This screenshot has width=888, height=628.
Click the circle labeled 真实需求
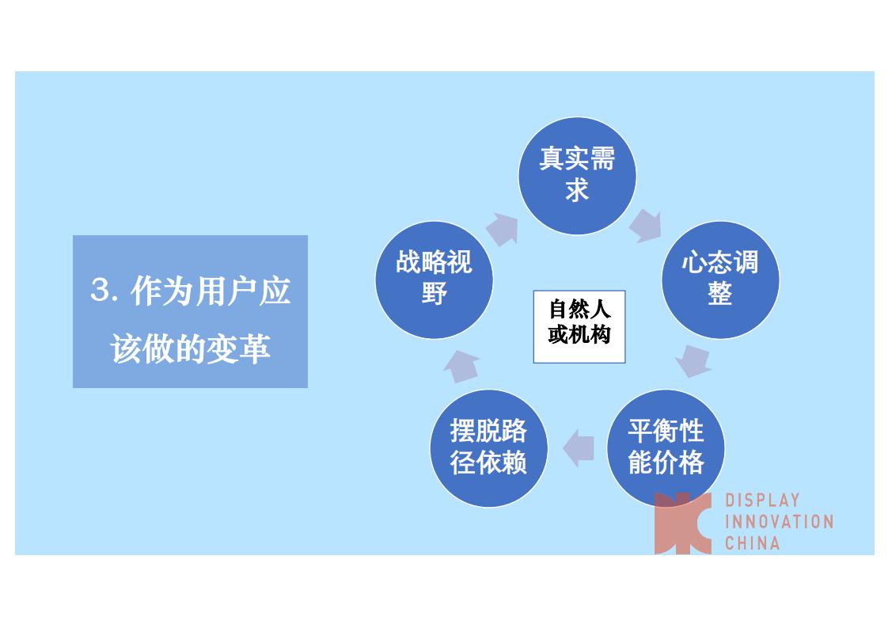pyautogui.click(x=577, y=176)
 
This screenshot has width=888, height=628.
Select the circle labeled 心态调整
pyautogui.click(x=720, y=280)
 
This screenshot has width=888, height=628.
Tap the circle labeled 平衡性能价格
pyautogui.click(x=666, y=448)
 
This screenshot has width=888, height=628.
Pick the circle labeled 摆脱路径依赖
pyautogui.click(x=489, y=448)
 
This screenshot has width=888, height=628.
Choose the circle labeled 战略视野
pyautogui.click(x=435, y=280)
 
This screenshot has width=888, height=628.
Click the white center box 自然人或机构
pyautogui.click(x=579, y=326)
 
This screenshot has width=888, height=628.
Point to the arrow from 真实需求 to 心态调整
pyautogui.click(x=646, y=226)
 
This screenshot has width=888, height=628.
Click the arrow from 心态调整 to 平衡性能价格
pyautogui.click(x=693, y=361)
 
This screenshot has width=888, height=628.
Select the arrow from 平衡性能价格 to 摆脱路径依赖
pyautogui.click(x=579, y=447)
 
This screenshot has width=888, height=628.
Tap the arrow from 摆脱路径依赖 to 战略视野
pyautogui.click(x=462, y=366)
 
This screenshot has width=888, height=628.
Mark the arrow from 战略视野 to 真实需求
pyautogui.click(x=503, y=229)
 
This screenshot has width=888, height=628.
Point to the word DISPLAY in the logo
pyautogui.click(x=762, y=500)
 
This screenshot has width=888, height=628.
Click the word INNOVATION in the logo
pyautogui.click(x=780, y=521)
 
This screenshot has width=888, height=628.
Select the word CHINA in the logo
pyautogui.click(x=752, y=543)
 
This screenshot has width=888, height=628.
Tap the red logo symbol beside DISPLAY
pyautogui.click(x=682, y=523)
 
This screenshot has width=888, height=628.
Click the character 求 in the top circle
pyautogui.click(x=577, y=190)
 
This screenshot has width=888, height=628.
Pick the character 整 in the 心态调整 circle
pyautogui.click(x=719, y=294)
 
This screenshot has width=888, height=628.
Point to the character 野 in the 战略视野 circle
pyautogui.click(x=434, y=294)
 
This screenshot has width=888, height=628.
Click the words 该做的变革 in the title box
pyautogui.click(x=190, y=348)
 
